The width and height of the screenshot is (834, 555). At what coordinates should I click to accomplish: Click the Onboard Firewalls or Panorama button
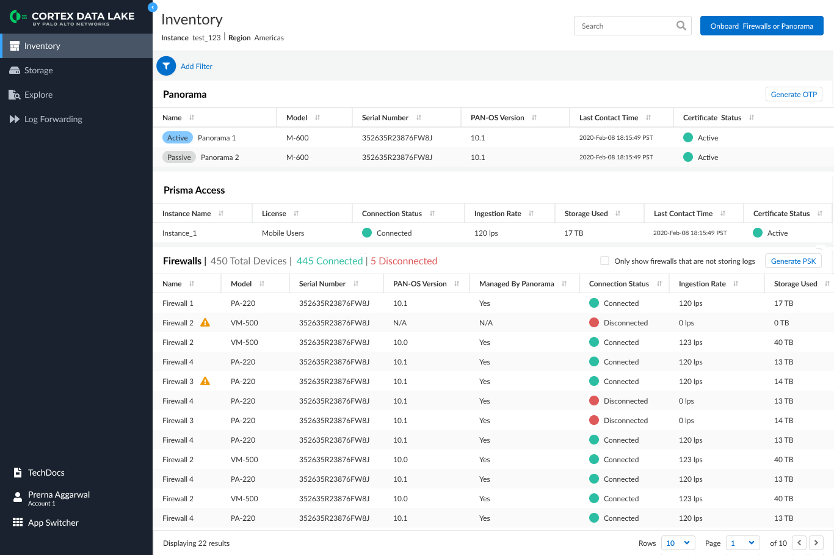(761, 26)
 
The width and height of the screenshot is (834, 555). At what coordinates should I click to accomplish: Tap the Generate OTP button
(794, 94)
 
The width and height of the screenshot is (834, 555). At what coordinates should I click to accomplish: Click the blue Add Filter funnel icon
(166, 66)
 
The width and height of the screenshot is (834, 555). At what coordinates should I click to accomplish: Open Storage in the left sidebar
(38, 70)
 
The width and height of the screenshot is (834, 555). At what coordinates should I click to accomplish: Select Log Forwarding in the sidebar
(53, 118)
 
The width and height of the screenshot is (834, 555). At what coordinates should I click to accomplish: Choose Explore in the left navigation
(38, 95)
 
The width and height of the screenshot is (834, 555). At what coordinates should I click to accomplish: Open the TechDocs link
(46, 473)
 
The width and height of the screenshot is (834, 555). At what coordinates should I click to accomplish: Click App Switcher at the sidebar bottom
(53, 522)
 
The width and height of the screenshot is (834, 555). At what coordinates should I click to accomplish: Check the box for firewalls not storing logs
(604, 261)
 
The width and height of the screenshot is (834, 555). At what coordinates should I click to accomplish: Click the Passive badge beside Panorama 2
(179, 157)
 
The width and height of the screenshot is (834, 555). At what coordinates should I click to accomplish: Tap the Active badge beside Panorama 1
(177, 137)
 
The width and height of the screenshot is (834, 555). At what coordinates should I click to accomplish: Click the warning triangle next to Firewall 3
(205, 381)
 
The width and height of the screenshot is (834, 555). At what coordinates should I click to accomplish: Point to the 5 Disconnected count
(404, 261)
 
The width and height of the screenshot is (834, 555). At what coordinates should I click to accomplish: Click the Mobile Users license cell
(283, 233)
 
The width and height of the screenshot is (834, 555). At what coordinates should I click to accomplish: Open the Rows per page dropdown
(678, 543)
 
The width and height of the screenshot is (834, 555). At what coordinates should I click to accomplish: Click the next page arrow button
(816, 543)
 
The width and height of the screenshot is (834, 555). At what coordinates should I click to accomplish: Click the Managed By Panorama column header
(517, 283)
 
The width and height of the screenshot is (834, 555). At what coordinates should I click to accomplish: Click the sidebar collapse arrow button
(152, 7)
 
